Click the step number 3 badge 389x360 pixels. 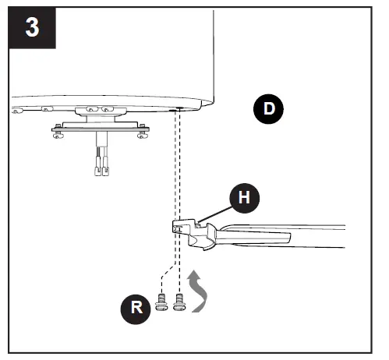point(32,27)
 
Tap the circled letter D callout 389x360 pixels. point(268,109)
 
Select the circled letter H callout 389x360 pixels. point(244,198)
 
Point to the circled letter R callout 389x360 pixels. point(136,309)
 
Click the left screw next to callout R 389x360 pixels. point(161,302)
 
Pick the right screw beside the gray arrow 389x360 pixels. point(179,302)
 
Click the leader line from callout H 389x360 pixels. point(215,214)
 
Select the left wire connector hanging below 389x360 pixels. point(97,171)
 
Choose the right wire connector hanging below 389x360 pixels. point(105,171)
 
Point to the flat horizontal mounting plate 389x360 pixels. point(101,129)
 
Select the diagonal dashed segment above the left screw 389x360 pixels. point(168,270)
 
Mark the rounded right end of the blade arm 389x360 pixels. point(288,238)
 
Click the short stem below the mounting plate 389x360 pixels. point(101,139)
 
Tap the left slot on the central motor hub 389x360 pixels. point(92,109)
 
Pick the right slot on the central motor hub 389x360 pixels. point(108,109)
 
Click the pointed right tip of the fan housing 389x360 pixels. point(213,103)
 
